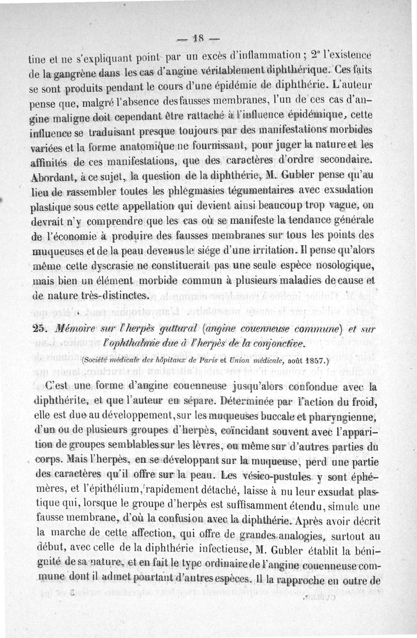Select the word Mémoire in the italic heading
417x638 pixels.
coord(71,328)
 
